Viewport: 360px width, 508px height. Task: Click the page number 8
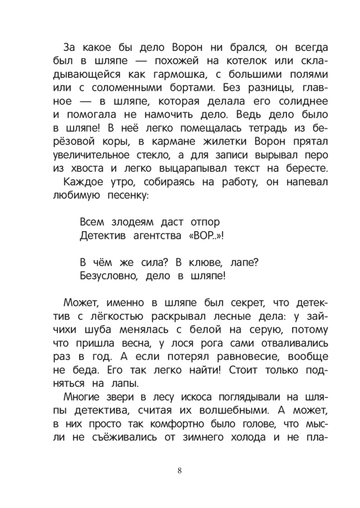point(180,469)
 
